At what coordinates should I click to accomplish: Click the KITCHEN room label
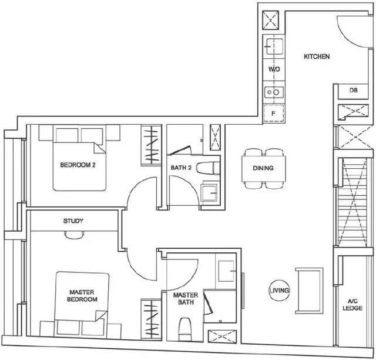317,56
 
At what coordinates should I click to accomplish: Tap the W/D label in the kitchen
274,69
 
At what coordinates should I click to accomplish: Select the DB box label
353,91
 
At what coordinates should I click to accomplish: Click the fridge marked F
274,114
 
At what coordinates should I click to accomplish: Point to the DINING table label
263,168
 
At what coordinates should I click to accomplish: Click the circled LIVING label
279,291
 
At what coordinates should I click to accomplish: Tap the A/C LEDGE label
352,305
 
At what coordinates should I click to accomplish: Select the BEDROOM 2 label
78,165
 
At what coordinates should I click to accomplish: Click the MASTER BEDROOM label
82,296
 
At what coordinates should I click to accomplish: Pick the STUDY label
73,221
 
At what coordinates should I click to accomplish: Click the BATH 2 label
181,168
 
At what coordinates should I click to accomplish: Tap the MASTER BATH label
186,298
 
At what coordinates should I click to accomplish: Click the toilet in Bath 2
208,168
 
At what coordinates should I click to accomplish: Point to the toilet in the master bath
186,329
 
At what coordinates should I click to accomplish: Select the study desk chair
75,235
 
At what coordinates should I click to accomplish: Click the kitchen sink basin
274,46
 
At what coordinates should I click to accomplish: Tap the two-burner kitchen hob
274,92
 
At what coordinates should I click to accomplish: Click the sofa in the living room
309,291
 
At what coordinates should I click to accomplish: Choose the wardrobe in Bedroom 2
152,145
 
